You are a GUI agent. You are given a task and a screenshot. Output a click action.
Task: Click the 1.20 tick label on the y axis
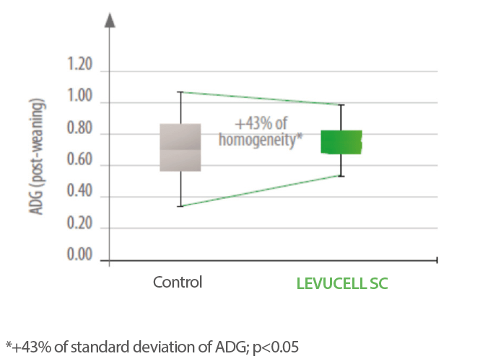tap(79, 66)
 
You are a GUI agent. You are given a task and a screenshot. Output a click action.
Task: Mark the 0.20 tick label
tap(79, 225)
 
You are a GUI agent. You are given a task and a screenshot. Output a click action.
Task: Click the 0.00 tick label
tap(79, 256)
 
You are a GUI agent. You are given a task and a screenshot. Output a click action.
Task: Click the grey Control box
tap(180, 147)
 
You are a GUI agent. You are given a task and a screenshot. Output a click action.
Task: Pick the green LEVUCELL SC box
tap(341, 142)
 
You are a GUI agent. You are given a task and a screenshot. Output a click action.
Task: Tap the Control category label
tap(178, 282)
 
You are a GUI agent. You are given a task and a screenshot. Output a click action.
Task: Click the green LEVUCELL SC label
tap(342, 283)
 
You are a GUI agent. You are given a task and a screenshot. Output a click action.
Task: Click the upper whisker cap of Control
tap(180, 92)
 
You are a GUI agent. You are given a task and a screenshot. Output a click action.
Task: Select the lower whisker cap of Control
tap(180, 206)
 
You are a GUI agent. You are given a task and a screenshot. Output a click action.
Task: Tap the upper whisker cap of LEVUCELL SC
tap(341, 105)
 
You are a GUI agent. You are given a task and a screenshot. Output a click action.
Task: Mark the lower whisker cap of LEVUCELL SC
tap(341, 176)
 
